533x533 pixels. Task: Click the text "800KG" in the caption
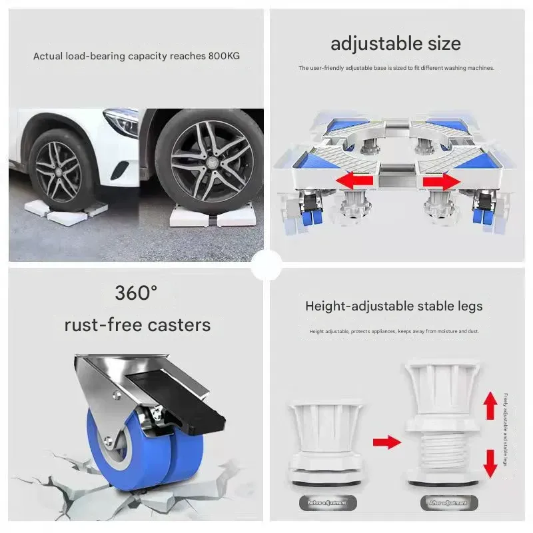[x=223, y=56]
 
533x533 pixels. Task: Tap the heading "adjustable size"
[x=396, y=44]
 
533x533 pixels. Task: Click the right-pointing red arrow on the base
[x=442, y=181]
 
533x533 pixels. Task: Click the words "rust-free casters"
[x=137, y=325]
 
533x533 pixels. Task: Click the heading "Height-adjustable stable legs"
[x=394, y=306]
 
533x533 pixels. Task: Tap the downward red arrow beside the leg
[x=490, y=462]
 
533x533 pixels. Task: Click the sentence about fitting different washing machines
[x=396, y=69]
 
